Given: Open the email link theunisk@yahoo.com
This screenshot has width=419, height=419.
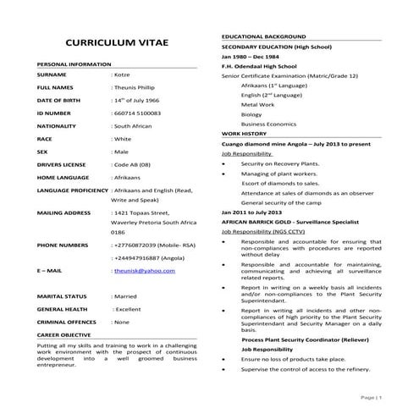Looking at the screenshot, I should pos(145,270).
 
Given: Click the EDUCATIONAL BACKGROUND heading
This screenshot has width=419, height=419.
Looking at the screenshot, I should pos(264,39).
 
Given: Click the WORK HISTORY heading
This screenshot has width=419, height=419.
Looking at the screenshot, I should pos(244,134).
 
